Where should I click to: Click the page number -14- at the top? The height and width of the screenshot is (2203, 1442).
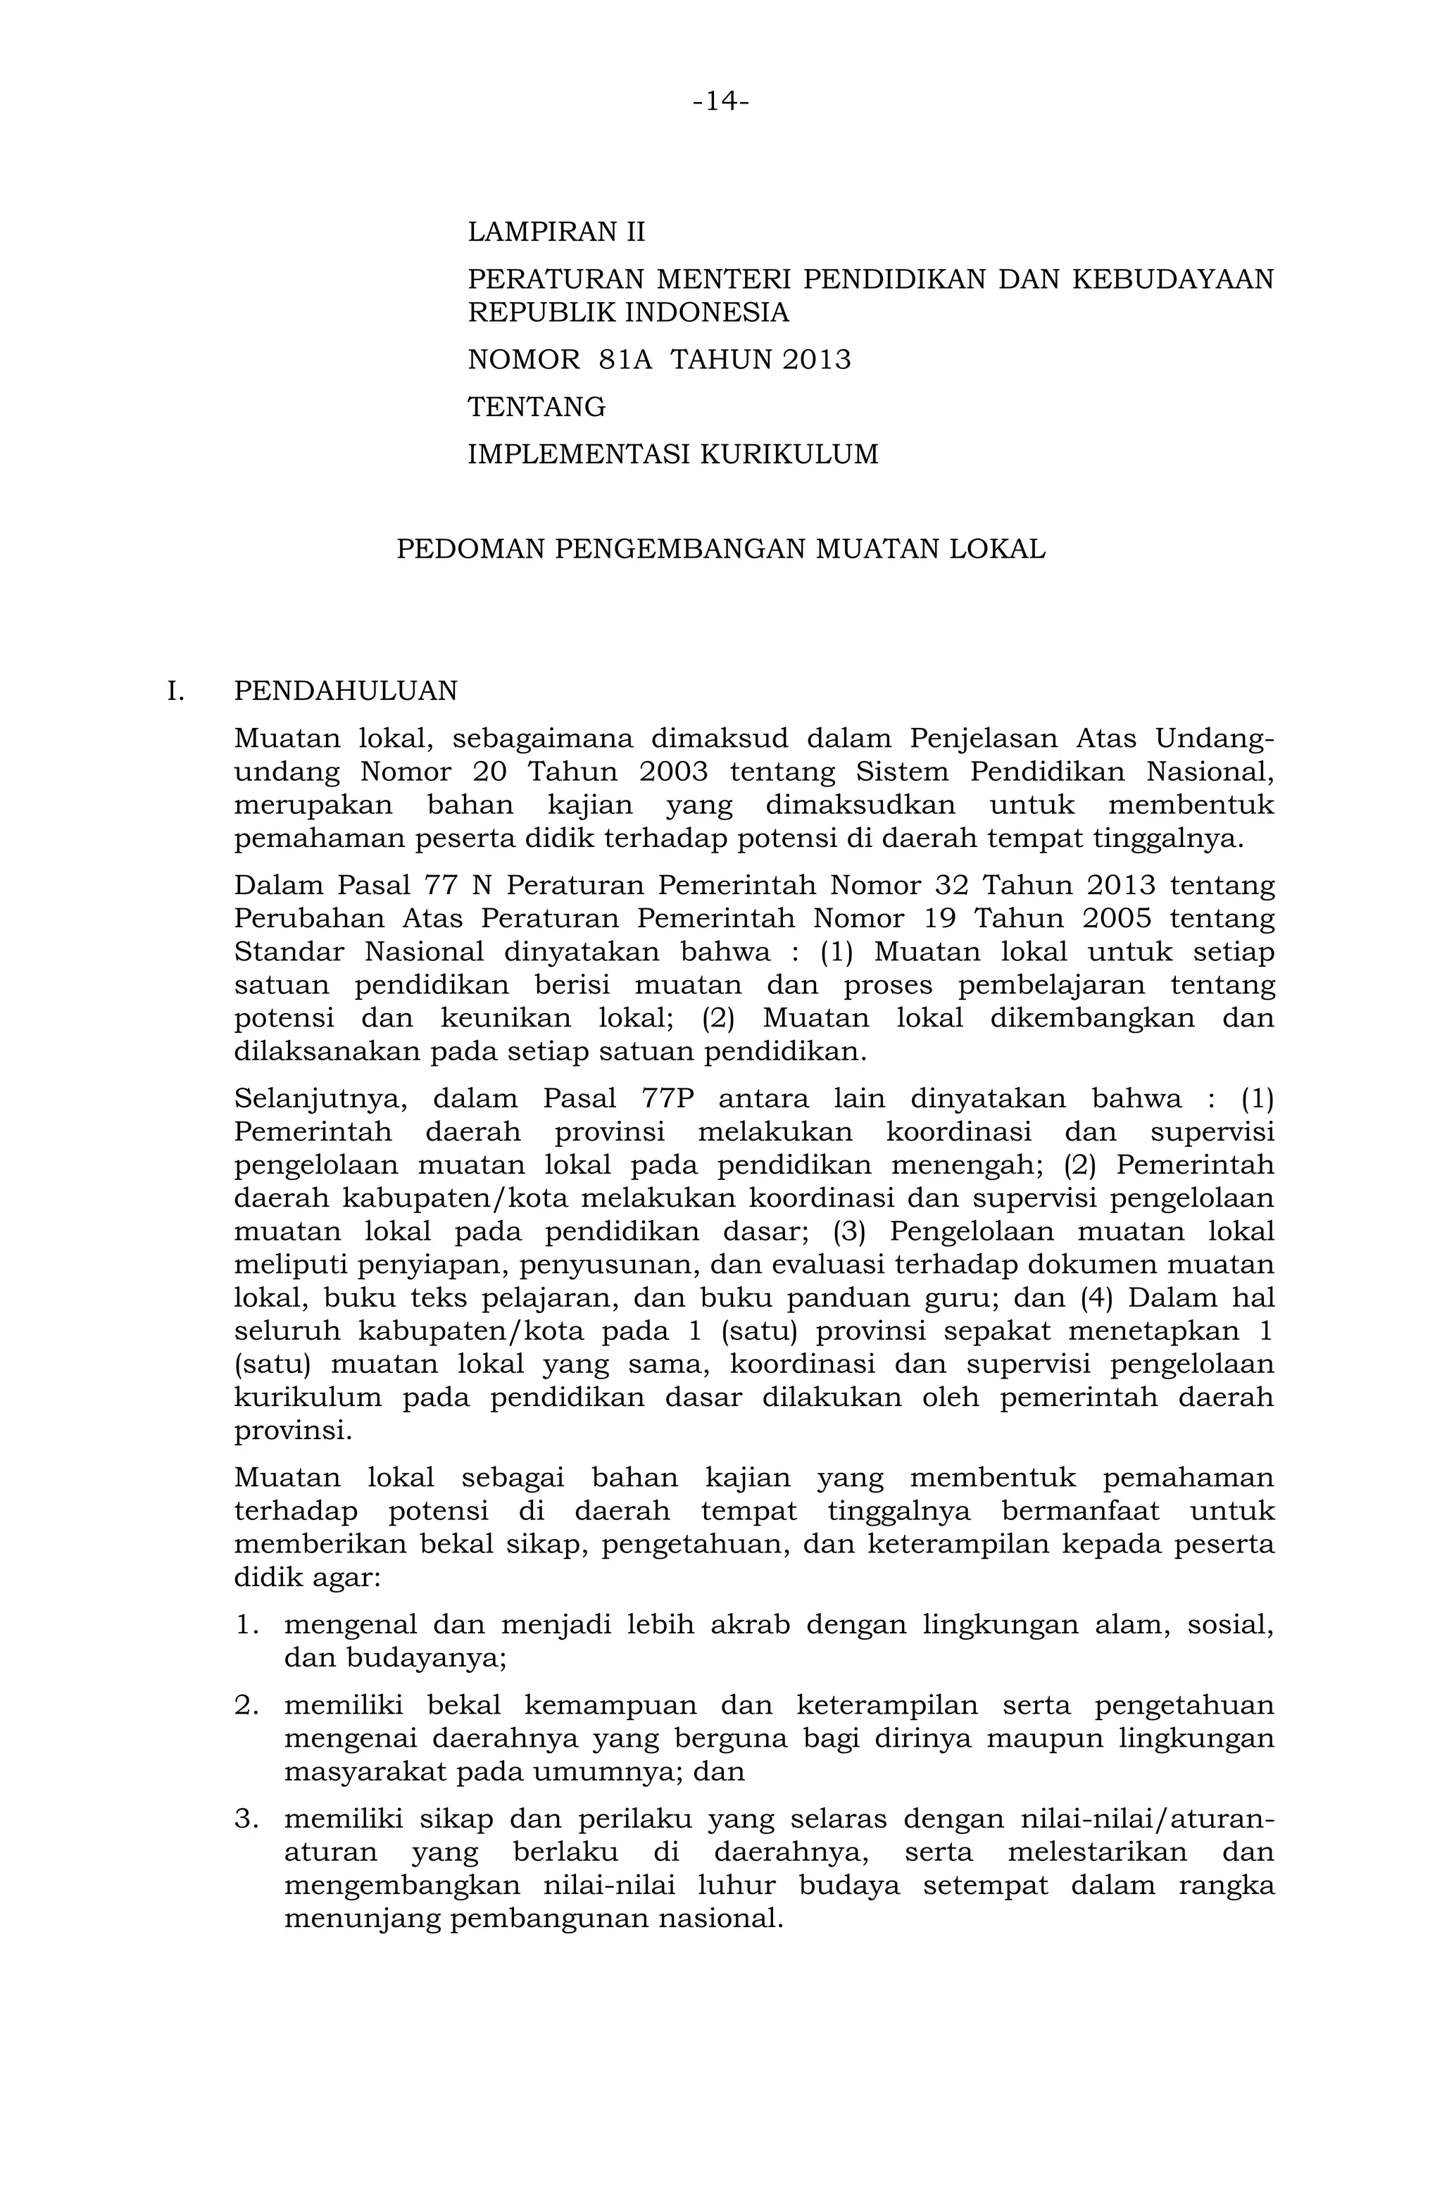click(x=720, y=101)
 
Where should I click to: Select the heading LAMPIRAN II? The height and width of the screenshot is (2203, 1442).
click(x=556, y=232)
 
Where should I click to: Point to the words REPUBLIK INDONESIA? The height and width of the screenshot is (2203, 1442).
click(x=629, y=313)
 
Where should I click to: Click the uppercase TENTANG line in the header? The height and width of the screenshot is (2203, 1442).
click(x=537, y=407)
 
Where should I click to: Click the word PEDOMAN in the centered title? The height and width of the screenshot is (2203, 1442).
click(x=471, y=549)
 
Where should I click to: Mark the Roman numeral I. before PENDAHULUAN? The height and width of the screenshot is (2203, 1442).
click(x=176, y=691)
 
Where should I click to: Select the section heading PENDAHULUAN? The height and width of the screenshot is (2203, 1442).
click(x=345, y=691)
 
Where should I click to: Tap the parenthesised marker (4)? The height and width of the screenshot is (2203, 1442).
click(x=1096, y=1298)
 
